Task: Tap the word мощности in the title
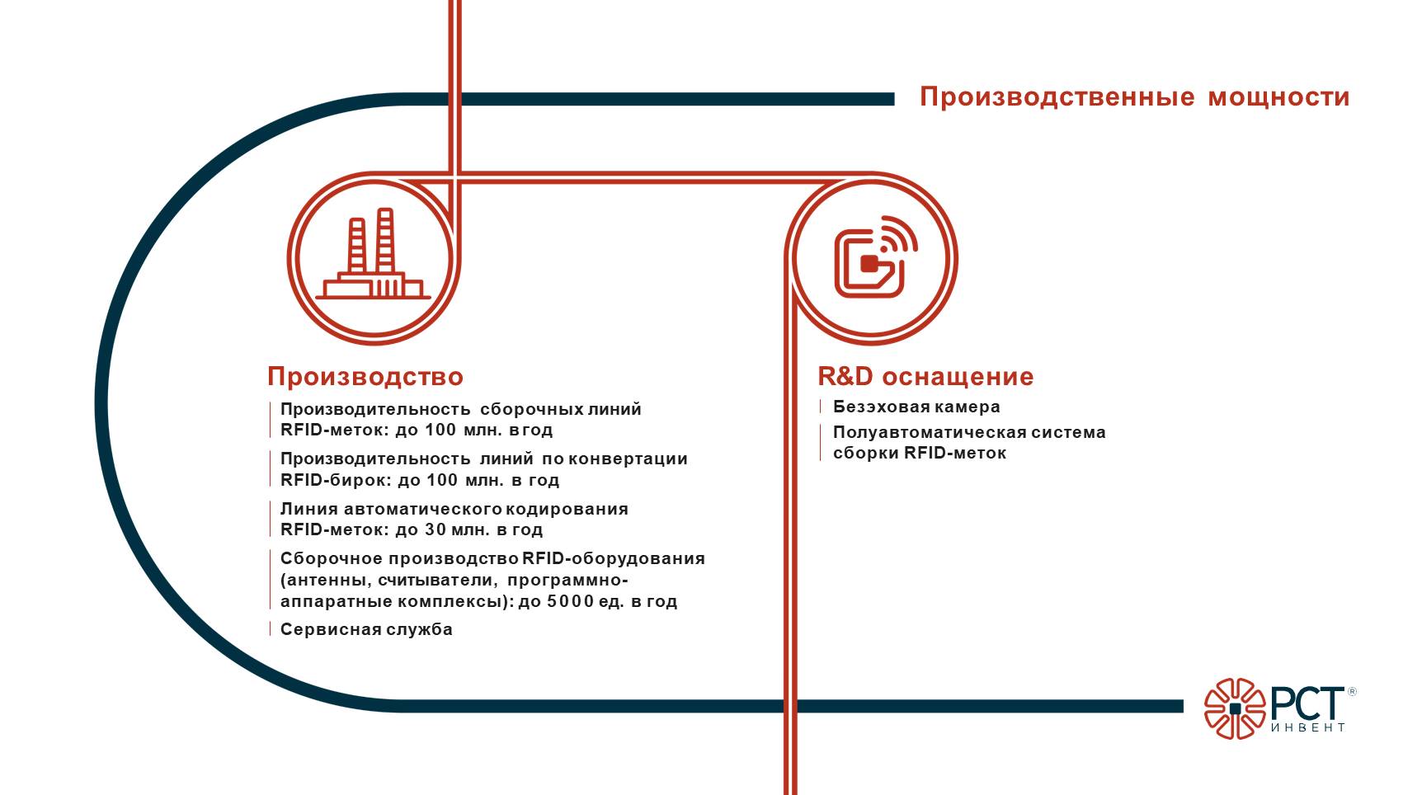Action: coord(1278,98)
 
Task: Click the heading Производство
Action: coord(365,377)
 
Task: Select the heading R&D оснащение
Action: coord(925,377)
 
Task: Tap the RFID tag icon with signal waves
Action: coord(876,256)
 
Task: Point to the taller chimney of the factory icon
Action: coord(385,241)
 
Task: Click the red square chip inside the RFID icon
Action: coord(869,264)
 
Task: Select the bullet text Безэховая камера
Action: coord(916,407)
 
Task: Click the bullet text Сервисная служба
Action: coord(366,629)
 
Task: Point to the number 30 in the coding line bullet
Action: coord(435,530)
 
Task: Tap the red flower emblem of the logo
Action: coord(1235,708)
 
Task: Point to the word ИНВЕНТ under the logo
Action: coord(1308,728)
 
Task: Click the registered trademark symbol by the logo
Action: coord(1352,692)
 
